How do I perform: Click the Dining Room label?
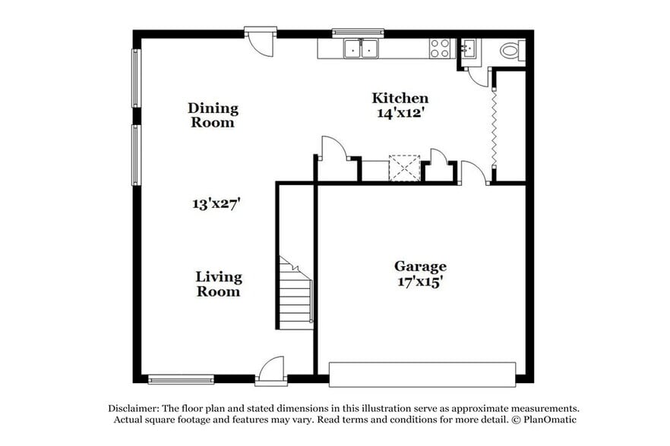pyautogui.click(x=213, y=115)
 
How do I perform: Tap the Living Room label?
pyautogui.click(x=218, y=284)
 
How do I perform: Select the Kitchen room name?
pyautogui.click(x=400, y=98)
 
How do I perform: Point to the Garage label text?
pyautogui.click(x=420, y=266)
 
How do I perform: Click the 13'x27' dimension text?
pyautogui.click(x=216, y=203)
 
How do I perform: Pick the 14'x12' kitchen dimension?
pyautogui.click(x=400, y=113)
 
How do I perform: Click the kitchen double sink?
pyautogui.click(x=362, y=49)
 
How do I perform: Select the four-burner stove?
pyautogui.click(x=440, y=49)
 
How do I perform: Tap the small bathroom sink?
pyautogui.click(x=468, y=49)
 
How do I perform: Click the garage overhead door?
pyautogui.click(x=422, y=374)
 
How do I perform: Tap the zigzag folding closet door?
pyautogui.click(x=495, y=125)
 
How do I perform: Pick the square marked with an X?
pyautogui.click(x=404, y=168)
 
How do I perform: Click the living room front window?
pyautogui.click(x=181, y=379)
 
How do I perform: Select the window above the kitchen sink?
pyautogui.click(x=358, y=33)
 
